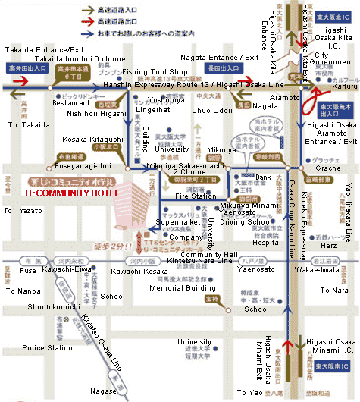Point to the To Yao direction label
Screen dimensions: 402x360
(x=249, y=392)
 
